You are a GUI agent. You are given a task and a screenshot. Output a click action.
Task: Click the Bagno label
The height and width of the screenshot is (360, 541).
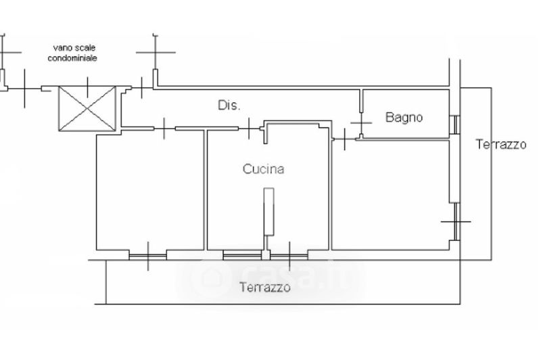point(404,117)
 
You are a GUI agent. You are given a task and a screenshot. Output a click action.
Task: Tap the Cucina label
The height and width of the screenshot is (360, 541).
point(263,170)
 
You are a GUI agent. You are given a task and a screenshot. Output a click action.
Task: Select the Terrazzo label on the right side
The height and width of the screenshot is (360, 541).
point(500,144)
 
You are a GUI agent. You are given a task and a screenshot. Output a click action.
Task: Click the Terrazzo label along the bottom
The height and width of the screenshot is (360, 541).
point(265,288)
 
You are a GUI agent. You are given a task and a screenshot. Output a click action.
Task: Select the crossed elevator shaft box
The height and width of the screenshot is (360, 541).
point(88,109)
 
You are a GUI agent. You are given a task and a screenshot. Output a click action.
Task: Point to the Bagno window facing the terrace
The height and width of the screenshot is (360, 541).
point(455,124)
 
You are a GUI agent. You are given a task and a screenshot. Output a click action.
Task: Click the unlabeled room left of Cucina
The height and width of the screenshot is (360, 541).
point(149,191)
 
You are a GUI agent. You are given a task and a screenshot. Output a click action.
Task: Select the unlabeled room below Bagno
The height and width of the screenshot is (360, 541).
point(391,193)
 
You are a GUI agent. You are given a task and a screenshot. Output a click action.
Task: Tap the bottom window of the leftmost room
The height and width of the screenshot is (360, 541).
point(147,256)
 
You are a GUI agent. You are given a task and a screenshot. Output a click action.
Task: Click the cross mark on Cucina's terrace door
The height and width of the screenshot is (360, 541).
point(289,256)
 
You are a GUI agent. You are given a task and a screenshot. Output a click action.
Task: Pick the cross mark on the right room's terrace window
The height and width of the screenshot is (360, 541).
point(455,221)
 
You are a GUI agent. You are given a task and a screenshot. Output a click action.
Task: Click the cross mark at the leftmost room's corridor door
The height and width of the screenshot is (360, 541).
point(165,127)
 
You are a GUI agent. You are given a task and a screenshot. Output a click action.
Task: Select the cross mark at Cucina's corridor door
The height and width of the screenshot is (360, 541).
point(252,127)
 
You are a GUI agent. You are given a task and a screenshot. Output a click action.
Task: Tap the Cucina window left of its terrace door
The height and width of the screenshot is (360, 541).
point(241,256)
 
